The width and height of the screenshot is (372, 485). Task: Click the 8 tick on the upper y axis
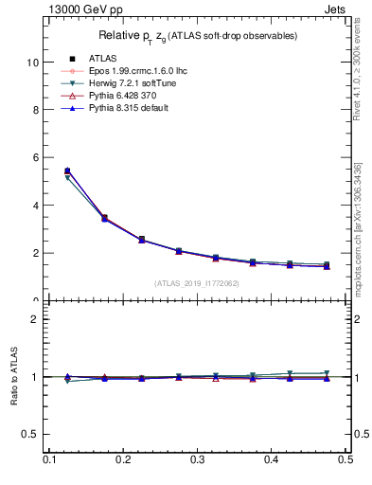tap(35, 110)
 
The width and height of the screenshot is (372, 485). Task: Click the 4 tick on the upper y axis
tap(35, 206)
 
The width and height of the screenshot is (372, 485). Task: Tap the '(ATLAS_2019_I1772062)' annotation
tap(197, 282)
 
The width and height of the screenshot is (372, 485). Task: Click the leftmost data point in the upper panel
tap(67, 171)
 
